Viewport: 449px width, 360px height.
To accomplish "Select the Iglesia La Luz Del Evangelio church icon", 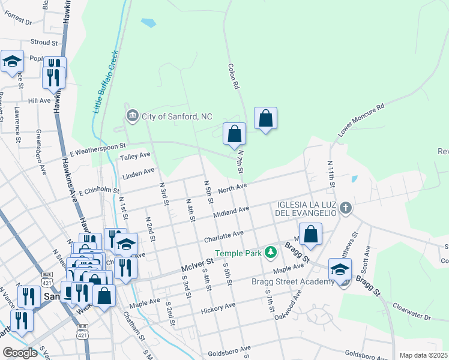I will (x=345, y=208).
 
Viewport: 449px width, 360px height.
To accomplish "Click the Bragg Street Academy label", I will (x=302, y=282).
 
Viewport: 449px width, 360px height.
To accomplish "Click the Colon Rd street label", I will (x=233, y=77).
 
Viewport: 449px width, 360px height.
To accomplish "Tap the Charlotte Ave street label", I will (x=223, y=236).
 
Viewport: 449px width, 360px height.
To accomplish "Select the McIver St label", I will (x=197, y=263).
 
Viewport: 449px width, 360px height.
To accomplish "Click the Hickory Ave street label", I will (x=218, y=307).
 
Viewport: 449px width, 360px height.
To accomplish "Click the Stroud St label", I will (x=44, y=43).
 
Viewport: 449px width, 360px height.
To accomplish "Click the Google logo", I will (x=20, y=352).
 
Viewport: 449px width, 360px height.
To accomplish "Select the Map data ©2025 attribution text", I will (x=424, y=355).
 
